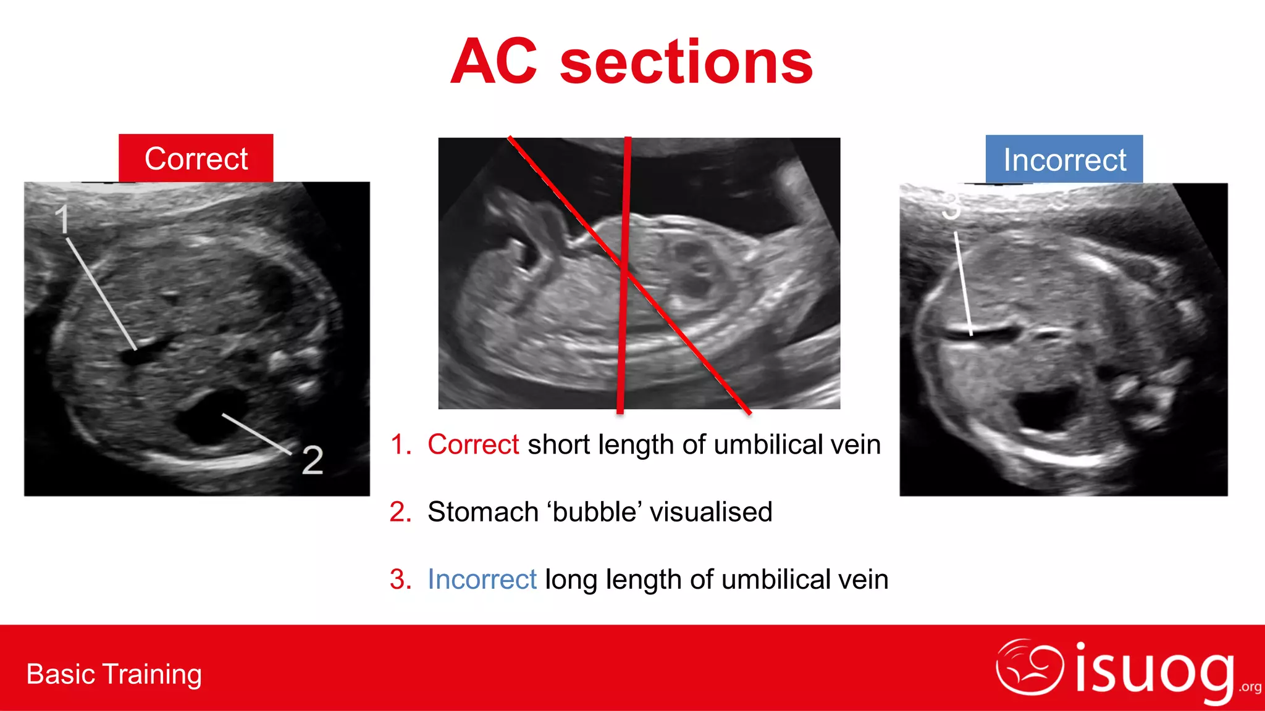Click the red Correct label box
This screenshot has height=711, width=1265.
coord(196,159)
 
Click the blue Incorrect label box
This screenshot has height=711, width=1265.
coord(1064,160)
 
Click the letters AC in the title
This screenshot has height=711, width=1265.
coord(494,62)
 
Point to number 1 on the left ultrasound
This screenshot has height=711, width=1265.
coord(62,218)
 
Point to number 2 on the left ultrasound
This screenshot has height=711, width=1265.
coord(312,460)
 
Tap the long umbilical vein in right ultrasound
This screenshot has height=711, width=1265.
coord(982,334)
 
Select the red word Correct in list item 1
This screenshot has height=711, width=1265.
coord(473,444)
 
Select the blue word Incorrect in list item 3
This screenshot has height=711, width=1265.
coord(482,580)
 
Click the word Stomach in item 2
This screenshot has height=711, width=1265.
coord(483,512)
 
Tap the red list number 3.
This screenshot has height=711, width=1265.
coord(400,580)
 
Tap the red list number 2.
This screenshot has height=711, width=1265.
coord(400,512)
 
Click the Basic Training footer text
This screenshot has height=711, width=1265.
coord(114,674)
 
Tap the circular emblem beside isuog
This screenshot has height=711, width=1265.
coord(1029,667)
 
